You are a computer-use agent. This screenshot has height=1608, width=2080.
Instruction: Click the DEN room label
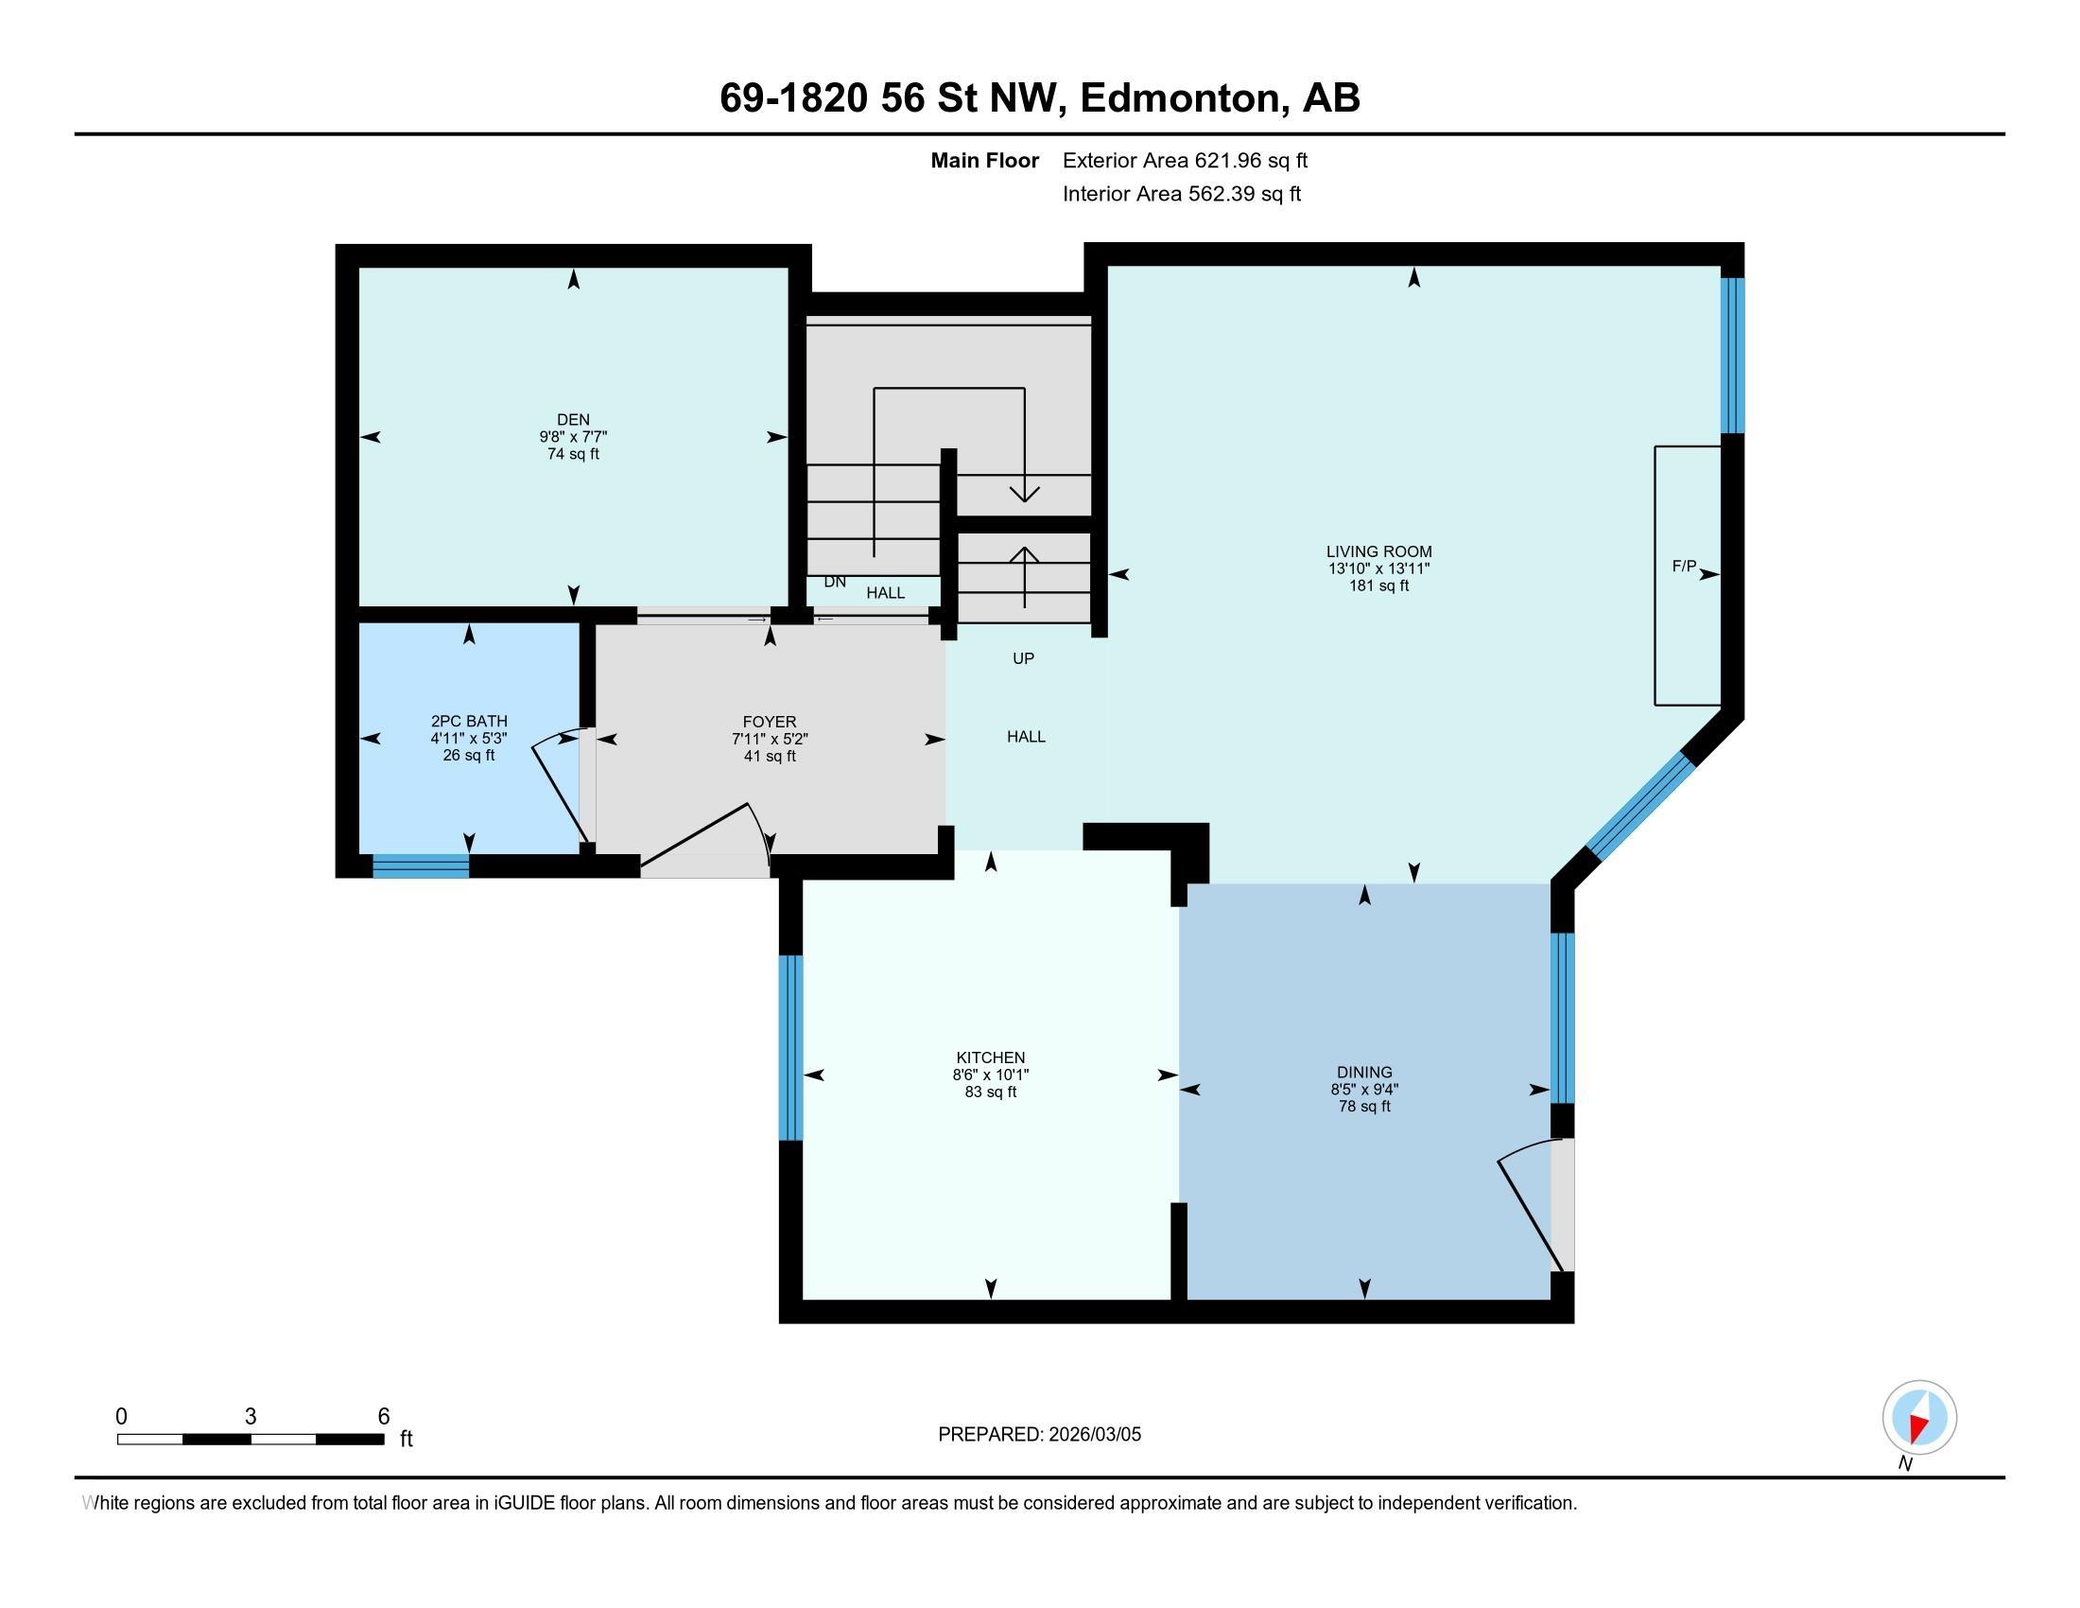point(572,419)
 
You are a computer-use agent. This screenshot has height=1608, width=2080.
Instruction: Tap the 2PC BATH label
point(469,721)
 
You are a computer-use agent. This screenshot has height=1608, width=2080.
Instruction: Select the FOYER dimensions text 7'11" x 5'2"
point(770,740)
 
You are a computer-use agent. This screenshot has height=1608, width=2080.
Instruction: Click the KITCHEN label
point(991,1057)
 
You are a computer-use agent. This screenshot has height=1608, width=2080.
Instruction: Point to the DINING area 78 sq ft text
point(1363,1106)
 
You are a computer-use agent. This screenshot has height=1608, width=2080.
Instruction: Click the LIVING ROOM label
point(1378,551)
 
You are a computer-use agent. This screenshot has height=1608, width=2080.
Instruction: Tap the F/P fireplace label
point(1684,566)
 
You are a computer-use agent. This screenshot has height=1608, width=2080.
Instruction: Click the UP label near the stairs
point(1023,658)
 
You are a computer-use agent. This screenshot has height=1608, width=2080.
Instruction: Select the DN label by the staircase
point(834,582)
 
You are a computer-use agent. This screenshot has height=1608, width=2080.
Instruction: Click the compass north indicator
point(1919,1419)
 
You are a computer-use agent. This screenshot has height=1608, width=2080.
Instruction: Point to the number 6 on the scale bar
point(384,1417)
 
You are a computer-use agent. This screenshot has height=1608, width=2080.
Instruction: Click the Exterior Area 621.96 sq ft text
point(1185,160)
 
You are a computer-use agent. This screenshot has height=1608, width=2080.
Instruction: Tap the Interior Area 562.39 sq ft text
point(1181,194)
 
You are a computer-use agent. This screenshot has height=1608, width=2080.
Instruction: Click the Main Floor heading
point(984,160)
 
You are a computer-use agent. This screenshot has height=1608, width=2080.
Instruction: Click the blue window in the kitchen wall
point(790,1047)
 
